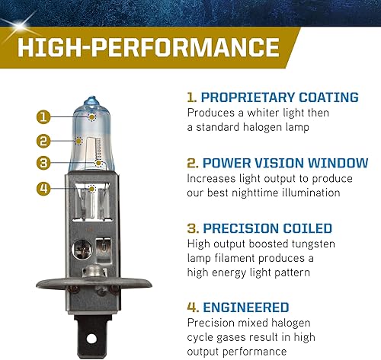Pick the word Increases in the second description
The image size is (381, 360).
click(x=213, y=177)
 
